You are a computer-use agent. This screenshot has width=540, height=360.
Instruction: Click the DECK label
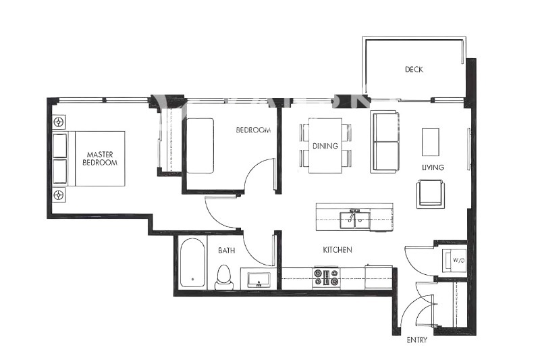coord(414,70)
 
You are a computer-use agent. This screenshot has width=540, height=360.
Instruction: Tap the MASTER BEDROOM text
coord(100,158)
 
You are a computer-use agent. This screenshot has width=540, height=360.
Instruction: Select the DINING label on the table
coord(325,146)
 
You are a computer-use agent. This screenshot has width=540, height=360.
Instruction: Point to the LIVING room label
coord(433,167)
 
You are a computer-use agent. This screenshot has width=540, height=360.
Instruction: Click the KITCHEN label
coord(337,250)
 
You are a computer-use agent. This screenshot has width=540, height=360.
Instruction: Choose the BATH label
coord(226,251)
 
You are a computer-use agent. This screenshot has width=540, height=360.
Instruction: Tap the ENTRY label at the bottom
coord(416,340)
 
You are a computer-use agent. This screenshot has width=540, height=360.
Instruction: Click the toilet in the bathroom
coord(223,277)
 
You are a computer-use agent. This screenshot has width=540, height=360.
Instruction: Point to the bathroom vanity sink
coord(259,279)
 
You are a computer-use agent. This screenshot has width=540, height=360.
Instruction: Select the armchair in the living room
coord(431,194)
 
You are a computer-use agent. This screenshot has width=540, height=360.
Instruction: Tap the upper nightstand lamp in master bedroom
coord(59,122)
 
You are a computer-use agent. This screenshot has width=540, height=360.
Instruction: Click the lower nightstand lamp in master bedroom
coord(59,195)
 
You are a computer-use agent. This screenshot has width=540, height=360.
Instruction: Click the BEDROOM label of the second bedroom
coord(253,130)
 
